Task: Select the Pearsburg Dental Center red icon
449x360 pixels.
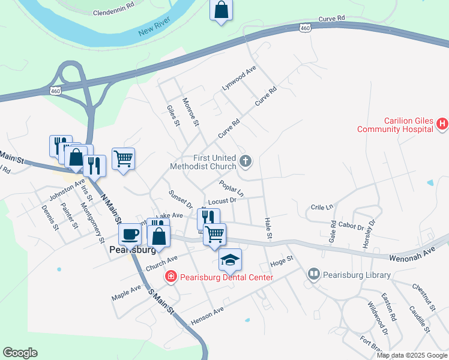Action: [171, 277]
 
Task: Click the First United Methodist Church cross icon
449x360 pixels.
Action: [245, 160]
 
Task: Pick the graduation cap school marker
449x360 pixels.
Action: [229, 259]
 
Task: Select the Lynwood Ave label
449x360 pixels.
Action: [239, 79]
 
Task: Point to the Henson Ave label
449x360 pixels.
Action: [207, 316]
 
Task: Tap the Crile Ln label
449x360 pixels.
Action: [322, 208]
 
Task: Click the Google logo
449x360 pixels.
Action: [20, 353]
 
